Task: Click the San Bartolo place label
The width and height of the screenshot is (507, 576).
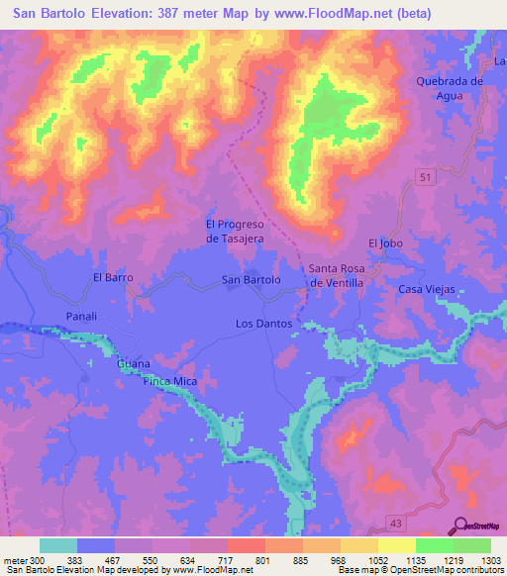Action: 251,280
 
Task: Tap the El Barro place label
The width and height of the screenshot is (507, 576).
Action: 113,278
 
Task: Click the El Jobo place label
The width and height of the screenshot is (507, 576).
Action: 385,242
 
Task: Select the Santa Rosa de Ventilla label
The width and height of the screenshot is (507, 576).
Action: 337,275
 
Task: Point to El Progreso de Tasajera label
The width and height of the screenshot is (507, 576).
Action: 237,232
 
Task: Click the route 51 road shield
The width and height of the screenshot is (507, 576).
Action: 425,175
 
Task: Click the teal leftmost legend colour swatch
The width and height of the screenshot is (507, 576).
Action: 58,545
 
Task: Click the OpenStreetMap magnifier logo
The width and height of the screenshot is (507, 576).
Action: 461,525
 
